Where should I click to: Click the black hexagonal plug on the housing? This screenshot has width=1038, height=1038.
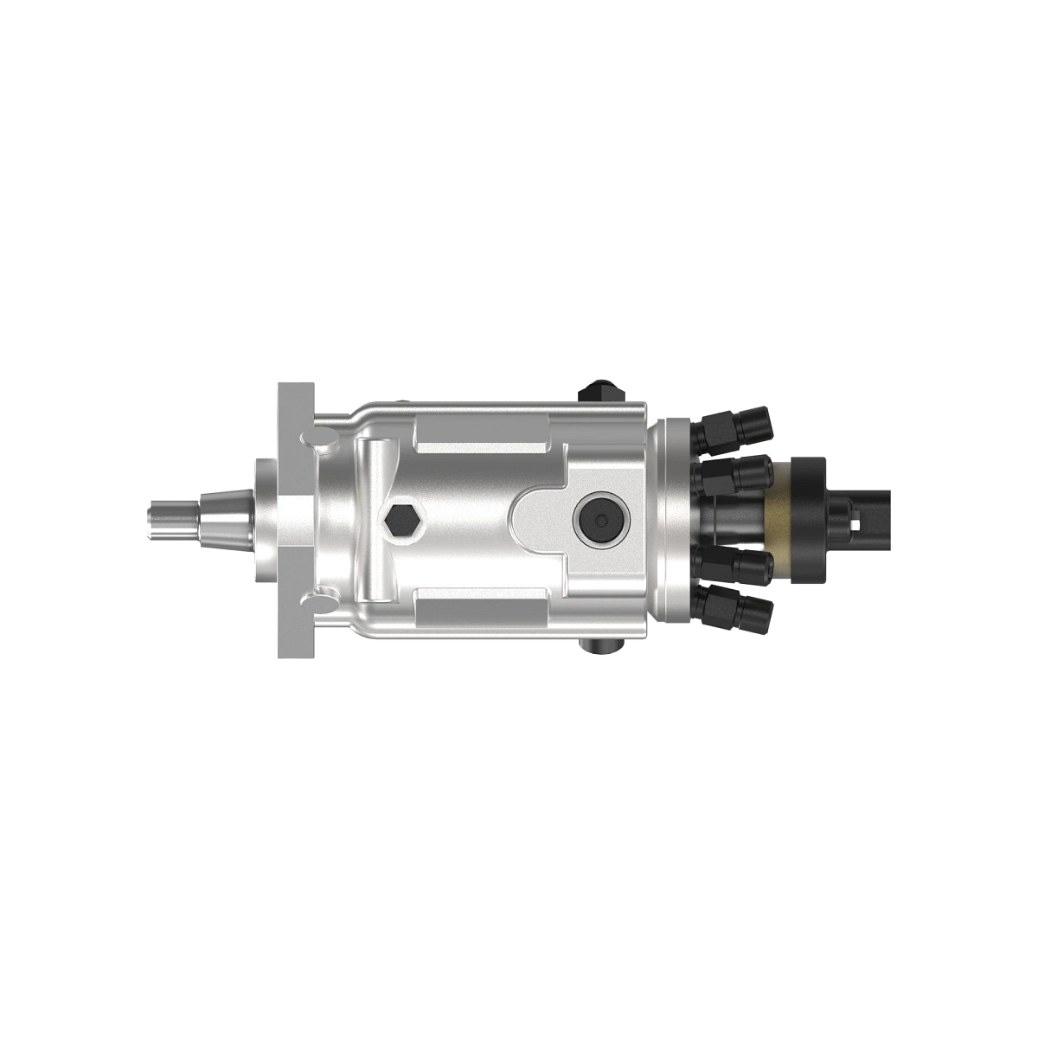pyautogui.click(x=401, y=520)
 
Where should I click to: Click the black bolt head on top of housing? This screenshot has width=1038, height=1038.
pyautogui.click(x=600, y=390)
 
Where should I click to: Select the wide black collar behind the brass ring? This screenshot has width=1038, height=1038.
pyautogui.click(x=812, y=519)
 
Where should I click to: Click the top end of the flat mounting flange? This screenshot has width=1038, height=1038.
pyautogui.click(x=294, y=394)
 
